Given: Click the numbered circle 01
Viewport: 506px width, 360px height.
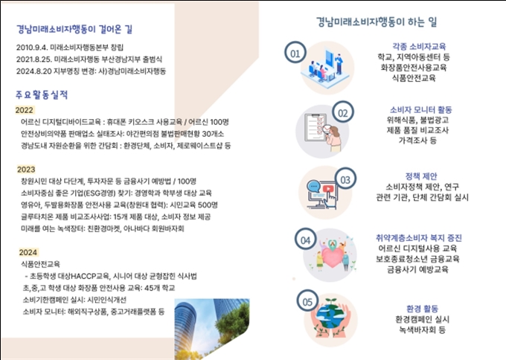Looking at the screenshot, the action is pyautogui.click(x=295, y=52).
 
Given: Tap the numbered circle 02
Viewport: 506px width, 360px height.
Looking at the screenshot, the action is pyautogui.click(x=343, y=112).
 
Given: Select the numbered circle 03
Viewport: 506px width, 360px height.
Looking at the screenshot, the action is pyautogui.click(x=345, y=179).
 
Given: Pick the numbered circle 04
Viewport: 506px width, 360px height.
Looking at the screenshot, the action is pyautogui.click(x=305, y=239).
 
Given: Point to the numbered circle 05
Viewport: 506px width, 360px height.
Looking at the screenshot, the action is pyautogui.click(x=307, y=300).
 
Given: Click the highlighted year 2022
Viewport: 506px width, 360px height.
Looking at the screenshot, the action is pyautogui.click(x=25, y=110).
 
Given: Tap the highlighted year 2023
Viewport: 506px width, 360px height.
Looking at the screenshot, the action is pyautogui.click(x=26, y=170).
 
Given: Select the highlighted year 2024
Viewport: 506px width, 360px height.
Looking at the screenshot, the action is pyautogui.click(x=28, y=252).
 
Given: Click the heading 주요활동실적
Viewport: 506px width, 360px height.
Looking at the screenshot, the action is pyautogui.click(x=42, y=94).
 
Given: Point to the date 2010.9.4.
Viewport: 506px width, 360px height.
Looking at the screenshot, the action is pyautogui.click(x=32, y=48).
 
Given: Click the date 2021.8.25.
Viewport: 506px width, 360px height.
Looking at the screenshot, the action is pyautogui.click(x=34, y=60).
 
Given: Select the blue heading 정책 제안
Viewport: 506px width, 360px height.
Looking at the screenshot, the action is pyautogui.click(x=421, y=176).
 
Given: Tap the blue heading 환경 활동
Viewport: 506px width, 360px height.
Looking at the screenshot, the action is pyautogui.click(x=422, y=309).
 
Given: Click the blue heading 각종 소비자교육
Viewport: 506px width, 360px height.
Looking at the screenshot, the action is pyautogui.click(x=419, y=46).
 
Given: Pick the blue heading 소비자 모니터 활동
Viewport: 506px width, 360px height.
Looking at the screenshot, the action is pyautogui.click(x=421, y=109).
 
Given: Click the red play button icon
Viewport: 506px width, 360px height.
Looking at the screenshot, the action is pyautogui.click(x=328, y=189).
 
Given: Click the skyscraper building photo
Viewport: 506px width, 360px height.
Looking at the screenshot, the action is pyautogui.click(x=212, y=329).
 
